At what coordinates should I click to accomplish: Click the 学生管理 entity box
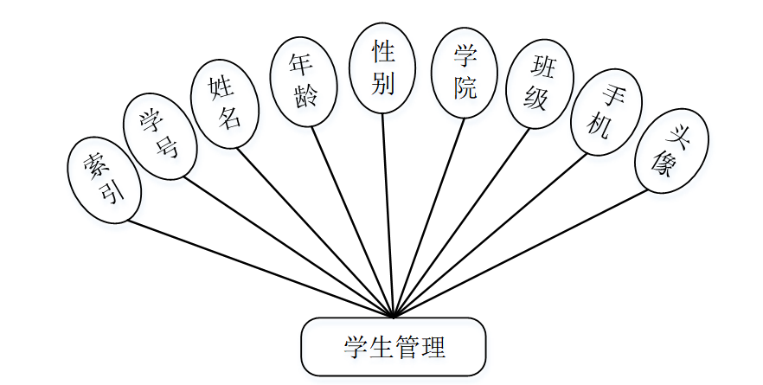tap(393, 347)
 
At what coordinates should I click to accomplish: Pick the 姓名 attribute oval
tap(226, 103)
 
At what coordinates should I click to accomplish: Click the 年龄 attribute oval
tap(301, 80)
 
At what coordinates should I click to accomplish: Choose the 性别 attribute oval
tap(383, 68)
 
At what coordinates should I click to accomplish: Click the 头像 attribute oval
tap(671, 151)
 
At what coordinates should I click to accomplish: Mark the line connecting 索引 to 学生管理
tap(260, 267)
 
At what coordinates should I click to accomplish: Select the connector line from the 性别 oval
tap(388, 216)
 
